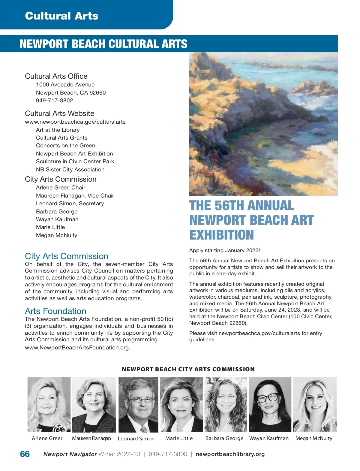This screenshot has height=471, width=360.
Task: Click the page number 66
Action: point(25,454)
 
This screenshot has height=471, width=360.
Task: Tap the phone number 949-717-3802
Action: point(54,101)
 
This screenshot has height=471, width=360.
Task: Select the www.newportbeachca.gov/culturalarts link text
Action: point(75,122)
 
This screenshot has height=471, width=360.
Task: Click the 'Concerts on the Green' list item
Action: point(65,146)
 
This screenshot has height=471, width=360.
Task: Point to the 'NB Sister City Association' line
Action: point(70,170)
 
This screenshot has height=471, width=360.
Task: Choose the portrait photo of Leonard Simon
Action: point(138,405)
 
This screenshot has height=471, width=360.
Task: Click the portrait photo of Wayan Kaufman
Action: point(270,405)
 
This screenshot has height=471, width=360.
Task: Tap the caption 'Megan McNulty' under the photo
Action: point(314,438)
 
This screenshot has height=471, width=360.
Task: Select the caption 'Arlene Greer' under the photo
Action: point(47,438)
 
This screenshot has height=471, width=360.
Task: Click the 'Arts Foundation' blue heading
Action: point(55,311)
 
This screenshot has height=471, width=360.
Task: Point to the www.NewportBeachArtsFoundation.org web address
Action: point(77,348)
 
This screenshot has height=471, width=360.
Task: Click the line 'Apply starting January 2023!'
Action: point(224,250)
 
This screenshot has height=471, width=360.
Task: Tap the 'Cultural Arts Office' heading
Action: point(56,76)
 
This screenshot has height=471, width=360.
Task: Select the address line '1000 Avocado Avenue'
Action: point(65,85)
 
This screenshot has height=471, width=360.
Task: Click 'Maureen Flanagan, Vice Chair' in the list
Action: point(75,196)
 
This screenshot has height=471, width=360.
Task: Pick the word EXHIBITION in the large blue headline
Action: point(221,235)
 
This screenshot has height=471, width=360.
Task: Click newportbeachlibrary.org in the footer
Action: point(230,454)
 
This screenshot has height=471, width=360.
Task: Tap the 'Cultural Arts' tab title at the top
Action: point(61,16)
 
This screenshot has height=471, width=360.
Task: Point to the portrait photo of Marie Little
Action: point(181,405)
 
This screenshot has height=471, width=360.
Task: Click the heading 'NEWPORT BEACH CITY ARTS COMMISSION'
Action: point(188,370)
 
